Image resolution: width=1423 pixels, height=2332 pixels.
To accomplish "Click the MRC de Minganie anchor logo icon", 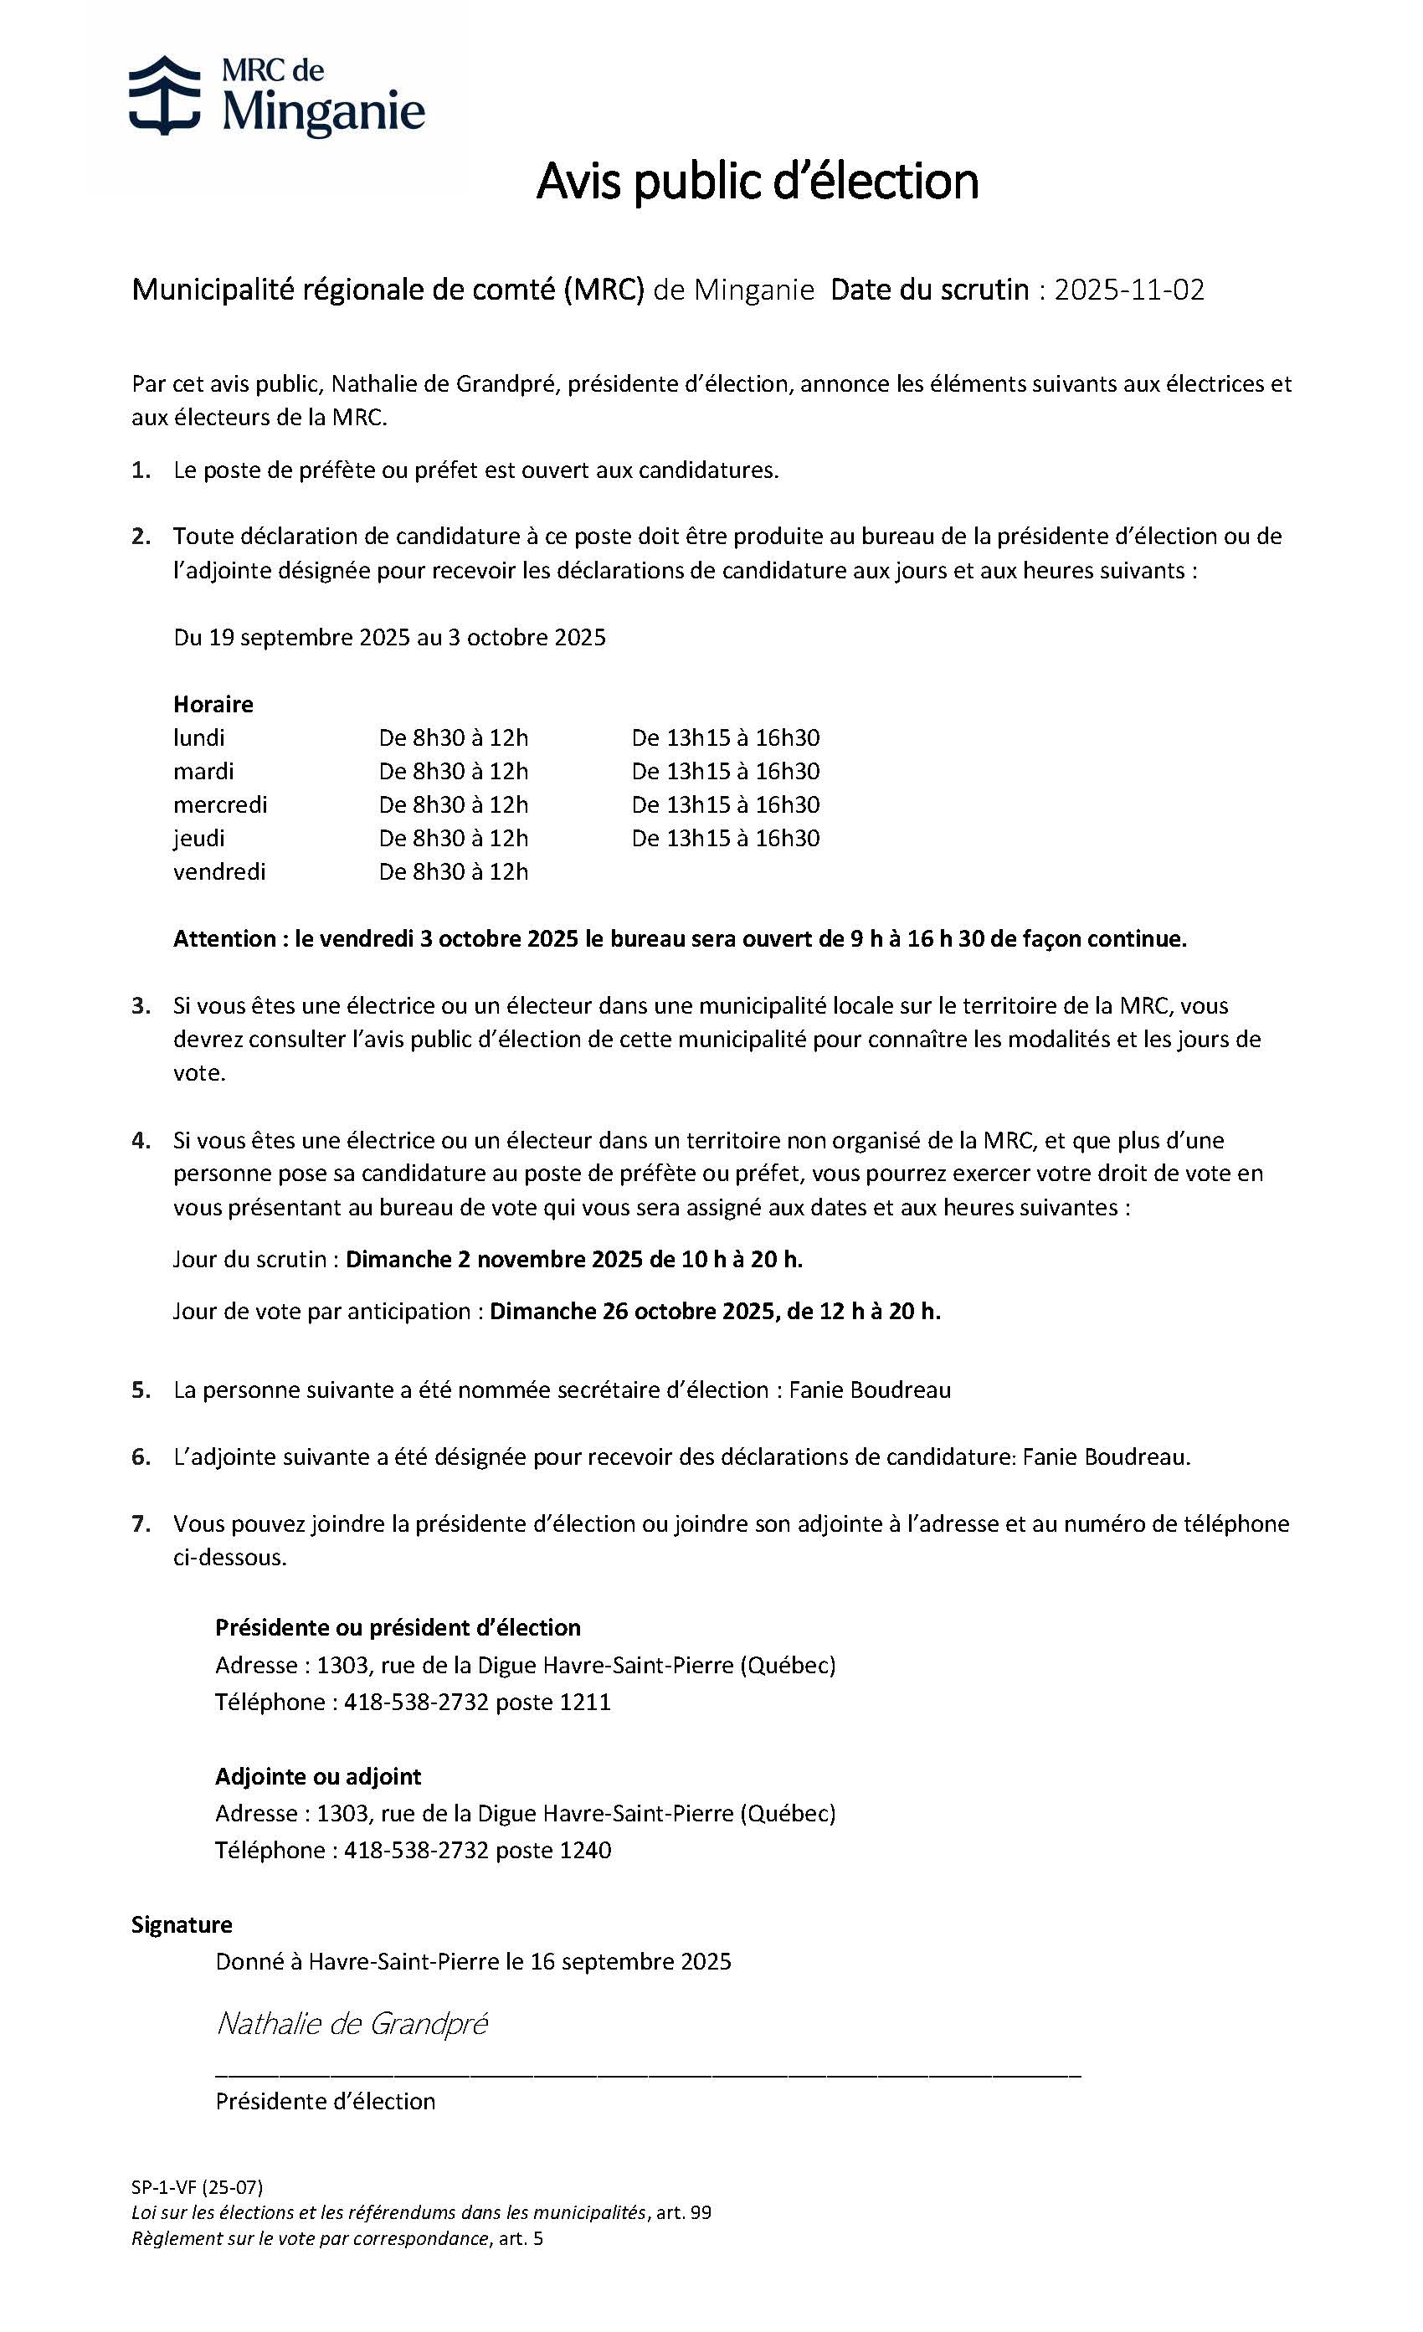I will [164, 95].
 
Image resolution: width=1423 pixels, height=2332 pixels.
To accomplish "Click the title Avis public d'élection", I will [756, 182].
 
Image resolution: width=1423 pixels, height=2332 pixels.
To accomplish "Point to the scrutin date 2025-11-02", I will [1128, 290].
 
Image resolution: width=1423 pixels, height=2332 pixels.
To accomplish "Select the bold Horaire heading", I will [213, 704].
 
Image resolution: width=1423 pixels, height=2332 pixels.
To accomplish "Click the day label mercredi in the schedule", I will [219, 804].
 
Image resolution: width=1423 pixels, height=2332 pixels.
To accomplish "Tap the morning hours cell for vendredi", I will [453, 871].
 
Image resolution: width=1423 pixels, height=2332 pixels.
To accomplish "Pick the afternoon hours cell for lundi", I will [725, 737].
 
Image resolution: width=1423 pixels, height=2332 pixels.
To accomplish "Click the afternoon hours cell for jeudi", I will [725, 838].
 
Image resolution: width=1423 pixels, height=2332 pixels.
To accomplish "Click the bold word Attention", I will [224, 939].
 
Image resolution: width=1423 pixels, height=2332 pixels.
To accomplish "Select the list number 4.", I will [141, 1140].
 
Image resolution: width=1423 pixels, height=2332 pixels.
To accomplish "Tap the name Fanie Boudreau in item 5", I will [870, 1390].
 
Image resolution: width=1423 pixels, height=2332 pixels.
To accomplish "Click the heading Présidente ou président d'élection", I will [398, 1628].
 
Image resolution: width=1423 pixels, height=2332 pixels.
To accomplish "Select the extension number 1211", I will [585, 1703].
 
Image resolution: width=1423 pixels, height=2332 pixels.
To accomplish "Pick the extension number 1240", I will [585, 1850].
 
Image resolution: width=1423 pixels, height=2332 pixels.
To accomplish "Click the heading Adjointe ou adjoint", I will [318, 1776].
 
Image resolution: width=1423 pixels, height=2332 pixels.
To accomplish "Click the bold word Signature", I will [182, 1925].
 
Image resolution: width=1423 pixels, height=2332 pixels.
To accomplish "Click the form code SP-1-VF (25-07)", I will [197, 2187].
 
